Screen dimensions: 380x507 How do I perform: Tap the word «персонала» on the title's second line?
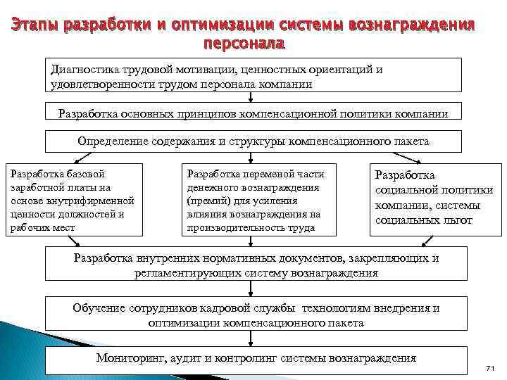[x=243, y=44]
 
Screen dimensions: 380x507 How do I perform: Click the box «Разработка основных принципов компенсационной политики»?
[x=254, y=113]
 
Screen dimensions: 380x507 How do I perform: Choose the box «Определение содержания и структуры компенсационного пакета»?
[x=254, y=141]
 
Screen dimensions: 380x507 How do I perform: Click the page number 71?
[x=491, y=369]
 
